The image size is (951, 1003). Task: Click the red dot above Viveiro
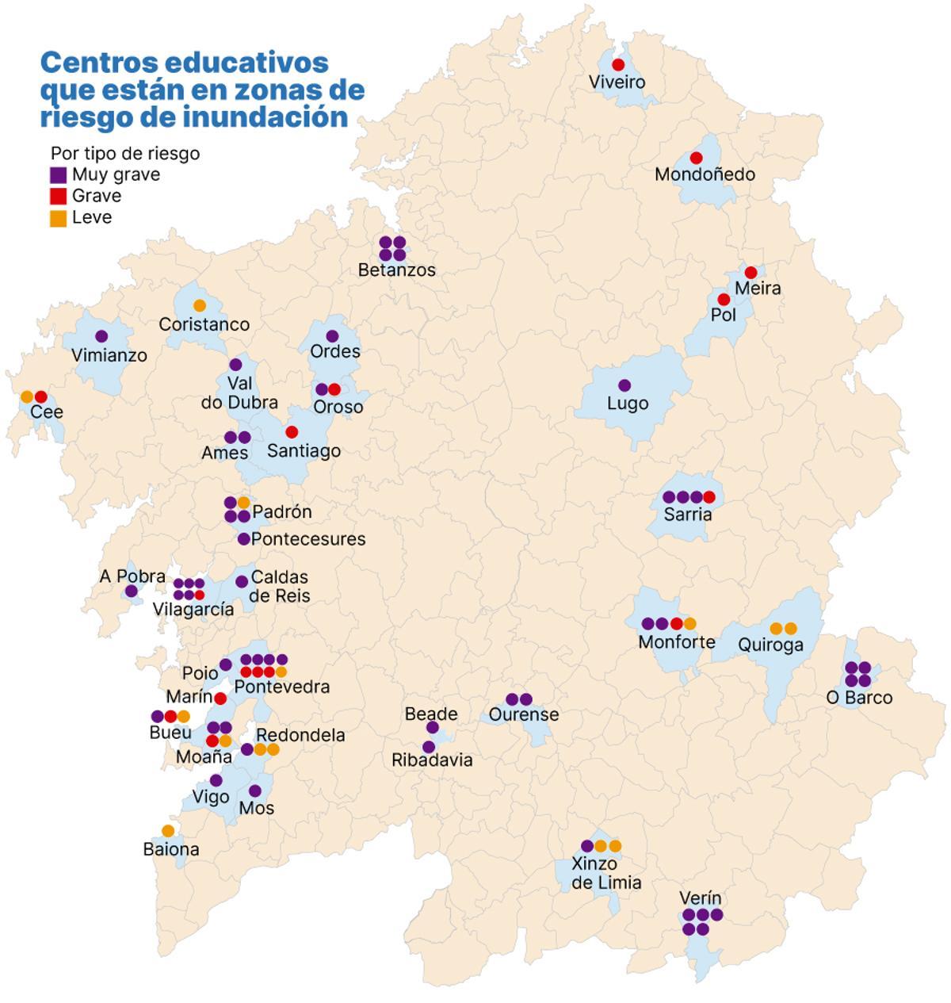pos(618,64)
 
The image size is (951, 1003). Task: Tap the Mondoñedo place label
pos(705,174)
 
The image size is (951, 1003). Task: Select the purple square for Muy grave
pos(59,175)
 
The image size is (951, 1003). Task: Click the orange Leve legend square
pos(59,218)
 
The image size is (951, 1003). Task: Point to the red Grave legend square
pos(59,197)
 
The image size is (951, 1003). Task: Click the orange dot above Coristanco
pos(200,305)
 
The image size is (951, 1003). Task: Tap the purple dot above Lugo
pos(624,385)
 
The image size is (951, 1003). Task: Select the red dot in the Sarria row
pos(709,497)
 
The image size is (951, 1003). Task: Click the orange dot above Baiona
pos(168,831)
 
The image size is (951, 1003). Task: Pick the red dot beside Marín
pos(220,699)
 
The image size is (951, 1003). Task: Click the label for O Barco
pos(859,698)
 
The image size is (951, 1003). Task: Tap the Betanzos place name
pos(396,270)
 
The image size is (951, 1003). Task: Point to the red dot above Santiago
pos(292,432)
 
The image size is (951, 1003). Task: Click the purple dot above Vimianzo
pos(101,336)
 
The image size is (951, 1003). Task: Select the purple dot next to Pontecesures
pos(244,539)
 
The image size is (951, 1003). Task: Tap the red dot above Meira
pos(750,272)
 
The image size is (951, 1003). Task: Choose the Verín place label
pos(701,898)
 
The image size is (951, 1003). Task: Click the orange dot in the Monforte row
pos(690,623)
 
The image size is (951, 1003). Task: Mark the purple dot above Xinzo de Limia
pos(587,846)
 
